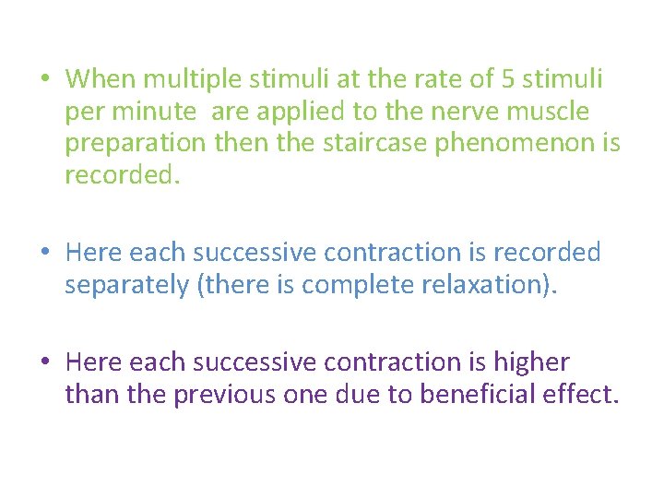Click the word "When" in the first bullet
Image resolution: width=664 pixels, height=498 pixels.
[x=101, y=79]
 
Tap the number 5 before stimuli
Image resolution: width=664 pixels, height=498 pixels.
[x=509, y=79]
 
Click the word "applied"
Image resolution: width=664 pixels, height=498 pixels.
[x=301, y=113]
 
